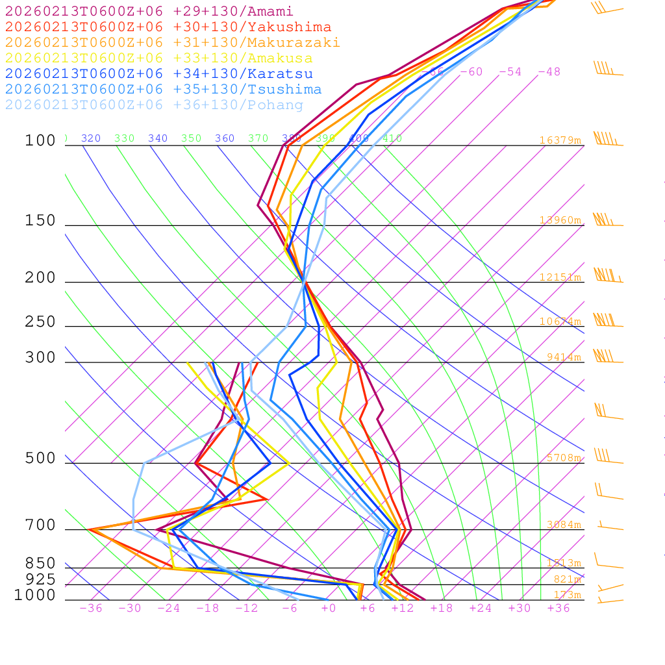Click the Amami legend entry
click(149, 12)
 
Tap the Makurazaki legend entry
click(172, 43)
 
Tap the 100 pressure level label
click(40, 140)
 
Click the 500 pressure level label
click(40, 458)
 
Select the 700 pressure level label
click(40, 525)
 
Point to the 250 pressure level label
click(40, 322)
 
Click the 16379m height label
click(560, 140)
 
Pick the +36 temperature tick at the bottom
click(558, 609)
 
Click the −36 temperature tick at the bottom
click(91, 609)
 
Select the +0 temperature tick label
click(329, 609)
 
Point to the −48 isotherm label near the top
click(549, 72)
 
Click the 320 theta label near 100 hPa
click(91, 138)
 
